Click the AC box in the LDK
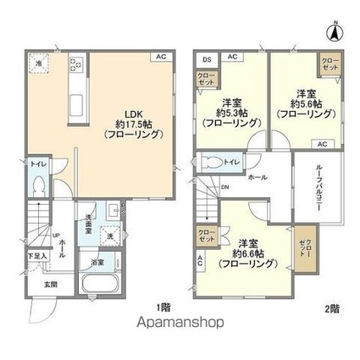158,58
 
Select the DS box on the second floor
207,58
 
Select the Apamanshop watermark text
180,323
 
